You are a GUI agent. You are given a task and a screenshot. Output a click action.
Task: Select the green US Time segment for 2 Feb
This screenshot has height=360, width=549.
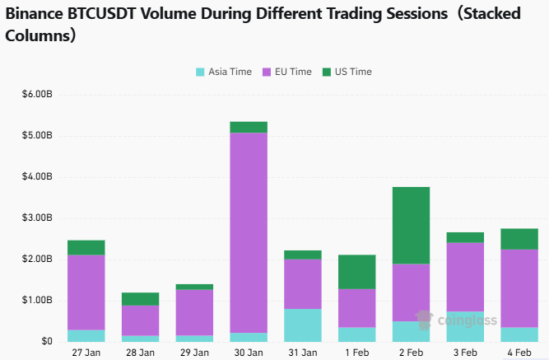pyautogui.click(x=411, y=225)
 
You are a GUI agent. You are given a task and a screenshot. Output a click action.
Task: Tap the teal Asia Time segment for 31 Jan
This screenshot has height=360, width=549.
pyautogui.click(x=303, y=325)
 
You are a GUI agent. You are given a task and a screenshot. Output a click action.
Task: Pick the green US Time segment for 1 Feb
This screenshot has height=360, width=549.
pyautogui.click(x=356, y=272)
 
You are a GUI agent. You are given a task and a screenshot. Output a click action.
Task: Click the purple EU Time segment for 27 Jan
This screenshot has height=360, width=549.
pyautogui.click(x=86, y=292)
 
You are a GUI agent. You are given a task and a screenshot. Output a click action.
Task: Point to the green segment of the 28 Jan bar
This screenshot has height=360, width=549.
pyautogui.click(x=140, y=299)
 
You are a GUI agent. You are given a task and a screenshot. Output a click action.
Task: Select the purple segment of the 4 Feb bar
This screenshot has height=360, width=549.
pyautogui.click(x=519, y=288)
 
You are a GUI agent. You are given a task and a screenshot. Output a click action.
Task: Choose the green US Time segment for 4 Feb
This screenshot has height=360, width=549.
pyautogui.click(x=519, y=239)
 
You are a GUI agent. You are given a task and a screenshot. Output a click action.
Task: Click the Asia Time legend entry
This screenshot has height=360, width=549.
pyautogui.click(x=223, y=72)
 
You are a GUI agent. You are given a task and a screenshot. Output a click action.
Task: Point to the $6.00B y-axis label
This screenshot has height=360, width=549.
pyautogui.click(x=38, y=94)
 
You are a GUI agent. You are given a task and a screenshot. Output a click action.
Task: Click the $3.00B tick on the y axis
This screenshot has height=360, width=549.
pyautogui.click(x=38, y=217)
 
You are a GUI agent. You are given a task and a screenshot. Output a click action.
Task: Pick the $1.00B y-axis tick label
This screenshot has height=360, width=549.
pyautogui.click(x=38, y=300)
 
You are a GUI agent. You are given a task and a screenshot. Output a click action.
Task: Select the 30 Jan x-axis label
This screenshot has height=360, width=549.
pyautogui.click(x=248, y=352)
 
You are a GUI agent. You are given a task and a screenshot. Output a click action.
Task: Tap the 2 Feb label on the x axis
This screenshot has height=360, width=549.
pyautogui.click(x=411, y=352)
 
